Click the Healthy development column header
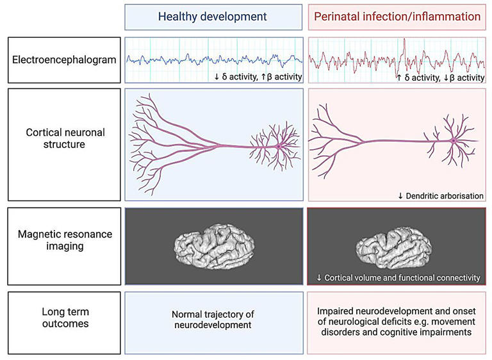(213, 17)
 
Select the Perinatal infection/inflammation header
(397, 17)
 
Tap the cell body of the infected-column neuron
(454, 140)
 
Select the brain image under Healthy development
(214, 245)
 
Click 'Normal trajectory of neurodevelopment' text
(213, 320)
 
